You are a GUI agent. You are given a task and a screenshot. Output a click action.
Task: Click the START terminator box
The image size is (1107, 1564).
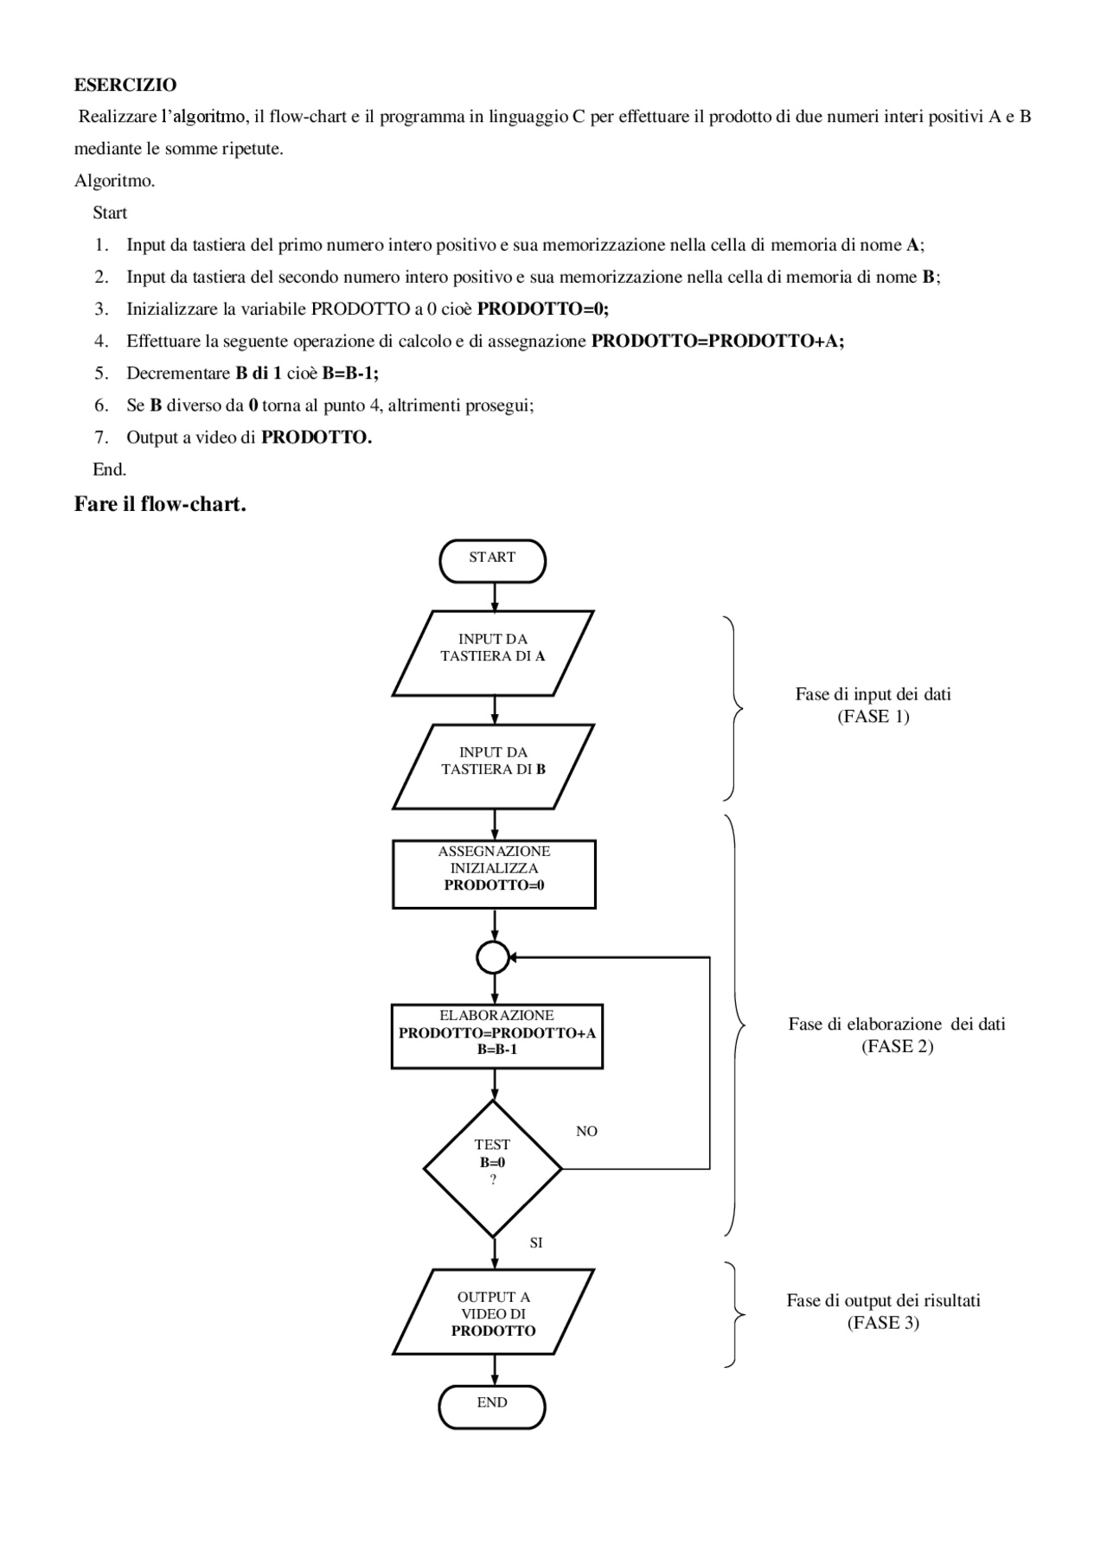pos(492,561)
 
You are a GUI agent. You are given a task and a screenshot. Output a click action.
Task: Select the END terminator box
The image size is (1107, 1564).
pos(492,1407)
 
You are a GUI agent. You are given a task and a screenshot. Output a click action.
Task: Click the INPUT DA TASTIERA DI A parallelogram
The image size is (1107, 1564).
pos(493,653)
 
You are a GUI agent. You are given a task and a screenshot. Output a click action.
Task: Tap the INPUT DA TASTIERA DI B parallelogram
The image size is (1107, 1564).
pos(493,766)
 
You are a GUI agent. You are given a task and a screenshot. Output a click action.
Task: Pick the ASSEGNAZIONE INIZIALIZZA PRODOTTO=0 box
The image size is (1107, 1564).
pos(494,873)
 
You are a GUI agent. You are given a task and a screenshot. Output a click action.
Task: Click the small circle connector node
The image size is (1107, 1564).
pos(492,957)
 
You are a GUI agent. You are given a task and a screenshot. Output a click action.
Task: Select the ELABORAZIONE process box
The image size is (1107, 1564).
pos(496,1036)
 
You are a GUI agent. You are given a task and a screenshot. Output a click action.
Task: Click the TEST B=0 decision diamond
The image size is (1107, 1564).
pos(492,1168)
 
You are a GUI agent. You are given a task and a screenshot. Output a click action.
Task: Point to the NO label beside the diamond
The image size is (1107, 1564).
pos(586,1131)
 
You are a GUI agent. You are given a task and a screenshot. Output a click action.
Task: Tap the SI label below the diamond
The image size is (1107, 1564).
pos(536,1242)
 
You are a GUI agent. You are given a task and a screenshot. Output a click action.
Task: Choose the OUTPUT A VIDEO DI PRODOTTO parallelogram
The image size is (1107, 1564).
pos(493,1311)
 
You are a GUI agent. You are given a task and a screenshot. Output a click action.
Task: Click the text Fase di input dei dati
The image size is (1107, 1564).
pos(873,693)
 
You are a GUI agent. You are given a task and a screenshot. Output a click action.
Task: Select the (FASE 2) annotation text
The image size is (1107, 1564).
pos(897,1046)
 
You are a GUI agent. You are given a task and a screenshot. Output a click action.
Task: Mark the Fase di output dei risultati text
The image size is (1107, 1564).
pos(883,1299)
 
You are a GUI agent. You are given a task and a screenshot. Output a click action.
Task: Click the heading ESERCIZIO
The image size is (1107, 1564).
pos(125,85)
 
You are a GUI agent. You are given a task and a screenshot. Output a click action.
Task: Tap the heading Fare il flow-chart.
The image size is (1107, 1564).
pos(160,503)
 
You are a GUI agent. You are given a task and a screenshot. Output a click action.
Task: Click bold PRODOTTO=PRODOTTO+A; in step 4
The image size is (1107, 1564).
pos(717,341)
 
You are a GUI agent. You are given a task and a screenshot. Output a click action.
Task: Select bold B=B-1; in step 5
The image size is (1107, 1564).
pos(350,373)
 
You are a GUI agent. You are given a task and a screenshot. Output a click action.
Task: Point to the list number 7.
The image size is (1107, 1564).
pos(101,437)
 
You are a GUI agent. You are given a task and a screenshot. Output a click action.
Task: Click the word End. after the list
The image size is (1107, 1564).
pos(110,469)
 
